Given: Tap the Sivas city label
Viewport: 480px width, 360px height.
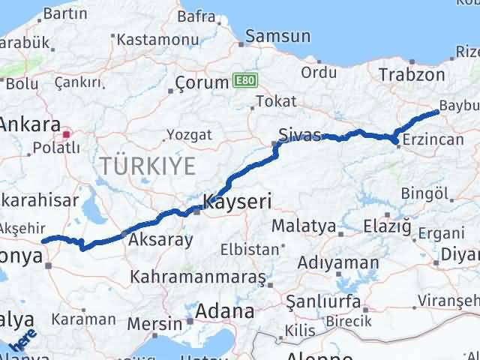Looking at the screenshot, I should [x=299, y=135].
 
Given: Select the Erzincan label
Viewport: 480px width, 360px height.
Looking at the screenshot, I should [x=431, y=140].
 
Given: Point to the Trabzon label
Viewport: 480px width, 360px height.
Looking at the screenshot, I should [x=412, y=74].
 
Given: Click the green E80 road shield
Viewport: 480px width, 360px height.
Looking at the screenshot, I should [x=244, y=79].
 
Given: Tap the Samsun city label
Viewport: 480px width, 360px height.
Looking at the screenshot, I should [x=277, y=36].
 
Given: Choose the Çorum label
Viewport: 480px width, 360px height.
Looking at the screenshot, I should [x=201, y=82].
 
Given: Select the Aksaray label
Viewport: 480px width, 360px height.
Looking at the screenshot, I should [x=160, y=240].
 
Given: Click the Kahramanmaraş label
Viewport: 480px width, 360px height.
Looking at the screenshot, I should [x=198, y=277].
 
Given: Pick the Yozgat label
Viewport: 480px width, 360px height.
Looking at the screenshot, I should [x=189, y=135].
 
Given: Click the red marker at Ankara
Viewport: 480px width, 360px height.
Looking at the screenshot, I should [x=67, y=135].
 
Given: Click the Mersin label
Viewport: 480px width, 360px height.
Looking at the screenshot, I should [x=154, y=324].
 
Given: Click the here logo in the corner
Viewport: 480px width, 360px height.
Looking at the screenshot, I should [x=24, y=341].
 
